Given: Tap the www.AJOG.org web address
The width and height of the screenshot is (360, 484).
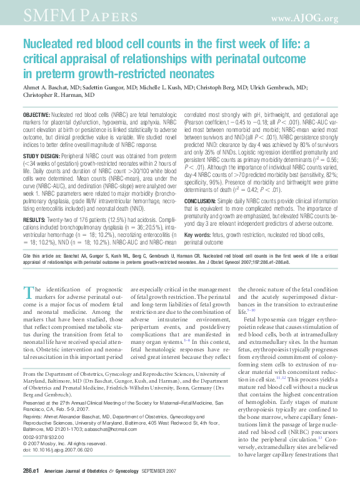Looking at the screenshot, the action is click(x=306, y=18).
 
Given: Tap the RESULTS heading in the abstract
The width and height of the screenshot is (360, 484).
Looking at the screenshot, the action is click(x=33, y=203).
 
